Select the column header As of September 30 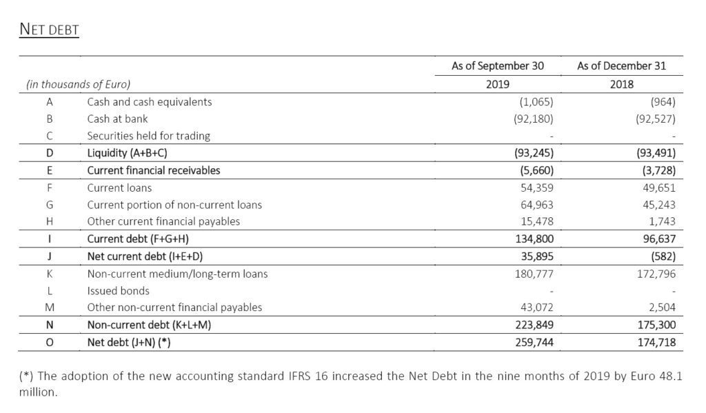pos(497,66)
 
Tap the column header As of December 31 pos(621,66)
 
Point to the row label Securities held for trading pos(148,136)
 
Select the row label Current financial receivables pos(153,170)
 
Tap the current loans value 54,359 pos(536,188)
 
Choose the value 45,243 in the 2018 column pos(657,205)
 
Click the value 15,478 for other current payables pos(536,221)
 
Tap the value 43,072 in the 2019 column pos(536,308)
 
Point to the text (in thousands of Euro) pos(78,85)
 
